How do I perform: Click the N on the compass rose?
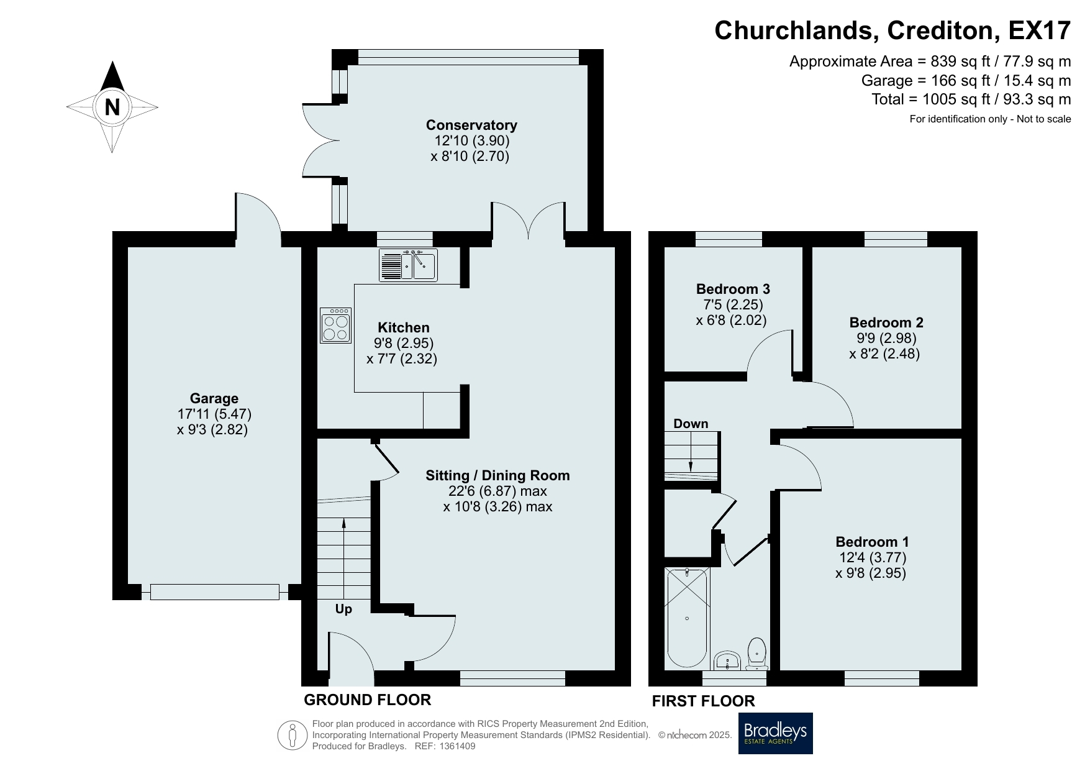pos(112,107)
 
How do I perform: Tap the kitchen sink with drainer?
pos(408,265)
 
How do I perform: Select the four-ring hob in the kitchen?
pos(336,326)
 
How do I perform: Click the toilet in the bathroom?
pos(756,653)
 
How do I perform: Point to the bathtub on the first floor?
pos(687,618)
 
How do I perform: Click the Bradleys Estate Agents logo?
pos(775,733)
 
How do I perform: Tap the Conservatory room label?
pos(471,125)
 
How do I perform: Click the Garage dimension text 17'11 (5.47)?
pos(214,414)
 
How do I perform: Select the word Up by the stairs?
pos(343,609)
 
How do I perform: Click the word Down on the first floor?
pos(691,424)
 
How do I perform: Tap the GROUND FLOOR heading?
pos(367,700)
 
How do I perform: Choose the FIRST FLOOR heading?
pos(703,701)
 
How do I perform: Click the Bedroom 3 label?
pos(733,289)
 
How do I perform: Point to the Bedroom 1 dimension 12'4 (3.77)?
pos(871,557)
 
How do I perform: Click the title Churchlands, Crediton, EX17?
pos(892,30)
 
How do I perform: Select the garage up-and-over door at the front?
pos(214,592)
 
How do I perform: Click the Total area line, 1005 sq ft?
pos(971,99)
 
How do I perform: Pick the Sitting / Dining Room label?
pos(497,475)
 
